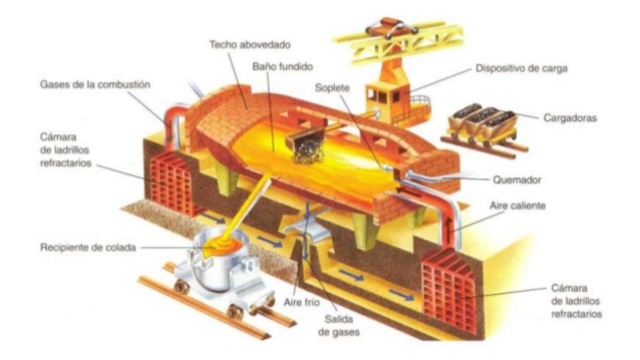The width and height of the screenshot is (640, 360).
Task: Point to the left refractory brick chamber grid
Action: (171, 183)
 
